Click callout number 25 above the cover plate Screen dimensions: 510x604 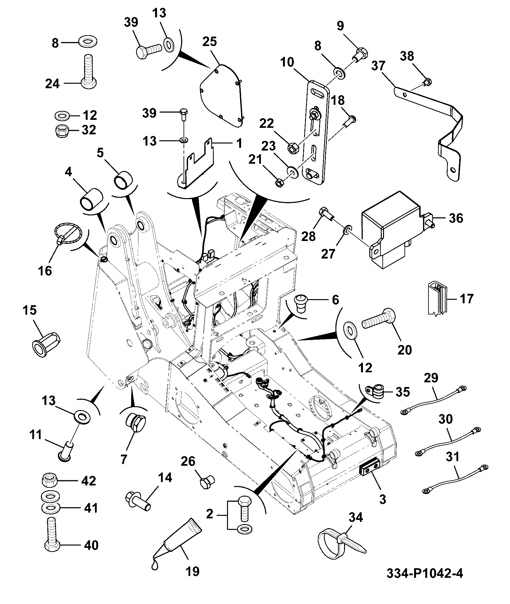click(209, 42)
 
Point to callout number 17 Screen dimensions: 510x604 click(466, 299)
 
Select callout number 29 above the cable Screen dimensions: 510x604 click(431, 378)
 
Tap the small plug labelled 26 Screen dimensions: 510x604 click(208, 481)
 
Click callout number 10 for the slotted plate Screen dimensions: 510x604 click(287, 63)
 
